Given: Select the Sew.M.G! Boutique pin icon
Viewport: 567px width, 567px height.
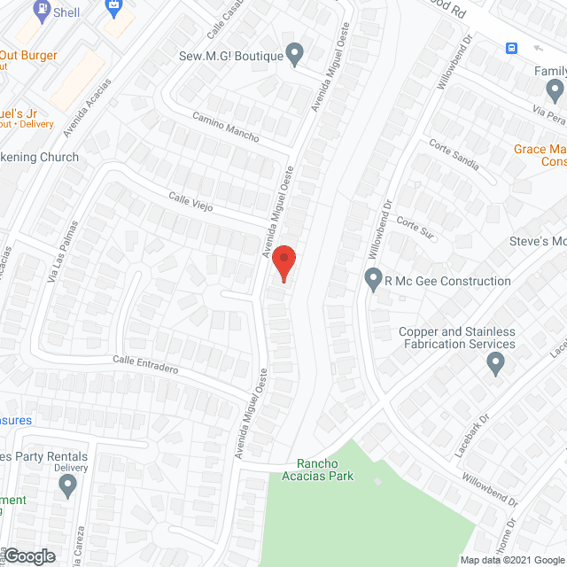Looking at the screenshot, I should point(296,55).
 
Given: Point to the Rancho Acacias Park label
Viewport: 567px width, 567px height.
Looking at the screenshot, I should point(324,470).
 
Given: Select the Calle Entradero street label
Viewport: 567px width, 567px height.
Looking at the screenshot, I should point(146,364).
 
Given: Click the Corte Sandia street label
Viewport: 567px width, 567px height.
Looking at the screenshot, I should point(454,155).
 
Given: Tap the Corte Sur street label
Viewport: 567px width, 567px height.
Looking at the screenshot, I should point(415,227).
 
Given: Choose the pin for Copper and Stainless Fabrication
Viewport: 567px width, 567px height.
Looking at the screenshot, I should point(495,362).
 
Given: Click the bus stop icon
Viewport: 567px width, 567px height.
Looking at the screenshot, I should point(511,48).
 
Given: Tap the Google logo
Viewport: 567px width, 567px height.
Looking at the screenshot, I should point(29,555).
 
